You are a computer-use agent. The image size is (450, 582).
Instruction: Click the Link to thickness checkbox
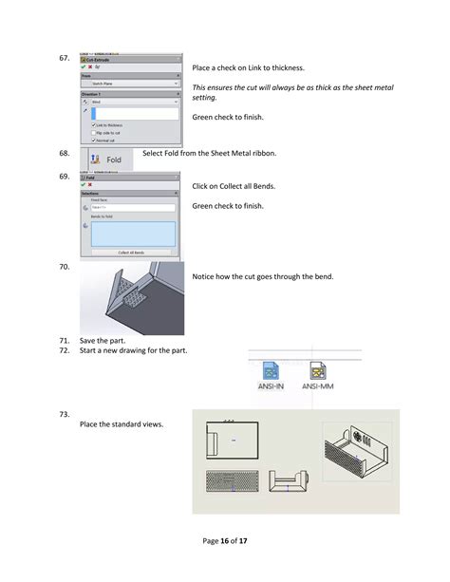93,124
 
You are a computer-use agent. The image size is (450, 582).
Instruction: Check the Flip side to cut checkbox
93,132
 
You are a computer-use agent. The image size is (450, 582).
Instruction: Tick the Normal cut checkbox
93,140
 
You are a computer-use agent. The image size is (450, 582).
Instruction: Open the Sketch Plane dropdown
130,84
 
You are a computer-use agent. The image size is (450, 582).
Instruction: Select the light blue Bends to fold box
133,234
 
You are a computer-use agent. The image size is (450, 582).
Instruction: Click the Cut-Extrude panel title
104,59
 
